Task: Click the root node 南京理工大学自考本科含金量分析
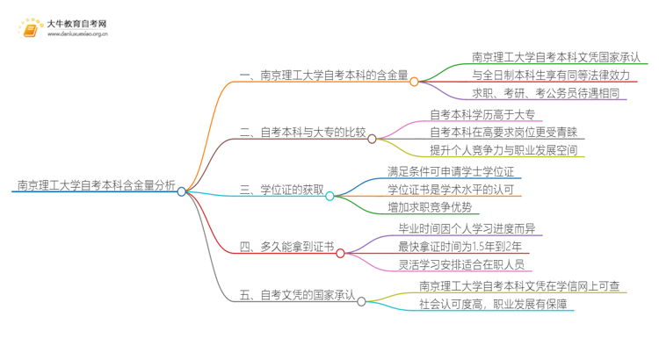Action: (x=96, y=185)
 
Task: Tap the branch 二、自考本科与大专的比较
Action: (x=302, y=133)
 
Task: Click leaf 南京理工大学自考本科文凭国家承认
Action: (x=556, y=57)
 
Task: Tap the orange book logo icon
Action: (x=31, y=30)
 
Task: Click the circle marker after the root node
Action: (x=182, y=191)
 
